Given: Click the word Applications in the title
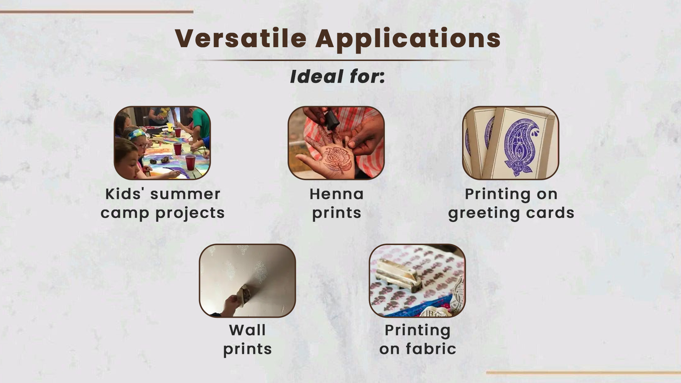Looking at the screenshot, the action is coord(408,39).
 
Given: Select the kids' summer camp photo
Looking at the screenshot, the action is coord(162,143).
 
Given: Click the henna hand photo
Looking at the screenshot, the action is coord(336,143).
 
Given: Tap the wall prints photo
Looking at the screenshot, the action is coord(247,281).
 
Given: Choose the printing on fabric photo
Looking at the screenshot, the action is coord(417,281).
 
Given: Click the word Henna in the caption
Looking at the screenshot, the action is coord(337,194).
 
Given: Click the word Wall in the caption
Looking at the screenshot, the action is coord(247,330).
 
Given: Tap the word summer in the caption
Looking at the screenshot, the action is coord(185,194).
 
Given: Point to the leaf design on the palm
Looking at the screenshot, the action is coord(338,159).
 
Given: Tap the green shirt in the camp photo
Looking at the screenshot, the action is coord(201,122).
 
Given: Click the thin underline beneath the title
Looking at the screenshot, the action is coord(338,60).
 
